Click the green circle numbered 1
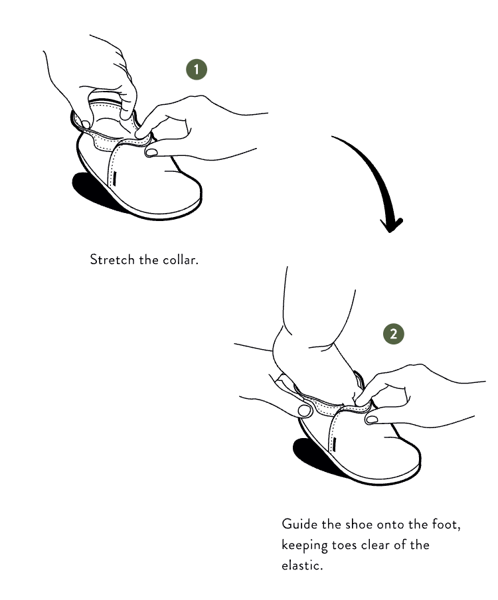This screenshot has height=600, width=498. point(197,70)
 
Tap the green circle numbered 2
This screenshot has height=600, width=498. point(394,334)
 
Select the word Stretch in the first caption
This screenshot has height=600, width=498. point(112,260)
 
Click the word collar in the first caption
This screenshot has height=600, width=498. point(181,260)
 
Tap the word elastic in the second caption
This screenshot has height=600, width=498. point(302,565)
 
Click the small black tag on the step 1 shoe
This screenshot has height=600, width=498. point(115,178)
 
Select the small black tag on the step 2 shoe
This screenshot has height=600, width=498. point(334,443)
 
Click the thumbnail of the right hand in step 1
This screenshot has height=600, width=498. point(151,152)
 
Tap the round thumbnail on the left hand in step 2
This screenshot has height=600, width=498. point(305,411)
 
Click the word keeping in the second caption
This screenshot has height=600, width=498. point(304,546)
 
